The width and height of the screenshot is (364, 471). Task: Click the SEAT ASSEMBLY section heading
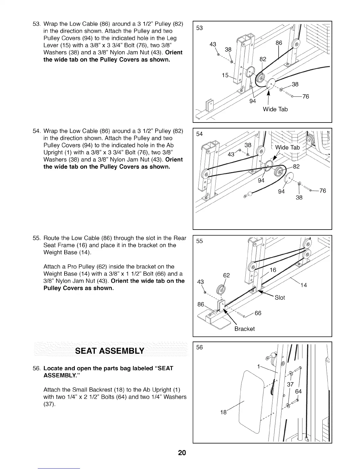(110, 351)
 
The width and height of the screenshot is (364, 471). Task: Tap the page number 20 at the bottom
(182, 453)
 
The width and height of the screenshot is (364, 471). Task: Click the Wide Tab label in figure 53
(275, 109)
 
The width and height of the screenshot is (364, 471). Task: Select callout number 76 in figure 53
(306, 97)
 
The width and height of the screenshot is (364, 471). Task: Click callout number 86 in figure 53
(279, 43)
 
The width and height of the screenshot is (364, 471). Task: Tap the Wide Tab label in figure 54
(287, 148)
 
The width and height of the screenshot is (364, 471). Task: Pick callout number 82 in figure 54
(296, 167)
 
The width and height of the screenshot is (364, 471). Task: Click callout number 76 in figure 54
(323, 191)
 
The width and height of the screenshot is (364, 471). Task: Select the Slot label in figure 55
(280, 298)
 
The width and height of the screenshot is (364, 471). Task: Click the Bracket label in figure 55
(244, 329)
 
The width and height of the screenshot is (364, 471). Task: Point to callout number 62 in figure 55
(226, 276)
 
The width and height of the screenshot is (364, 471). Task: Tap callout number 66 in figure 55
(258, 313)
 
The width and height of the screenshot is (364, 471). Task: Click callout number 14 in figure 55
(303, 285)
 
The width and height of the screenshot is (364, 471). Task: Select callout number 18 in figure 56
(223, 412)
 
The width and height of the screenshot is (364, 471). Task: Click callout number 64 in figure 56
(298, 392)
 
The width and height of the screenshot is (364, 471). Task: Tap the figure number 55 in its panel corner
(200, 241)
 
